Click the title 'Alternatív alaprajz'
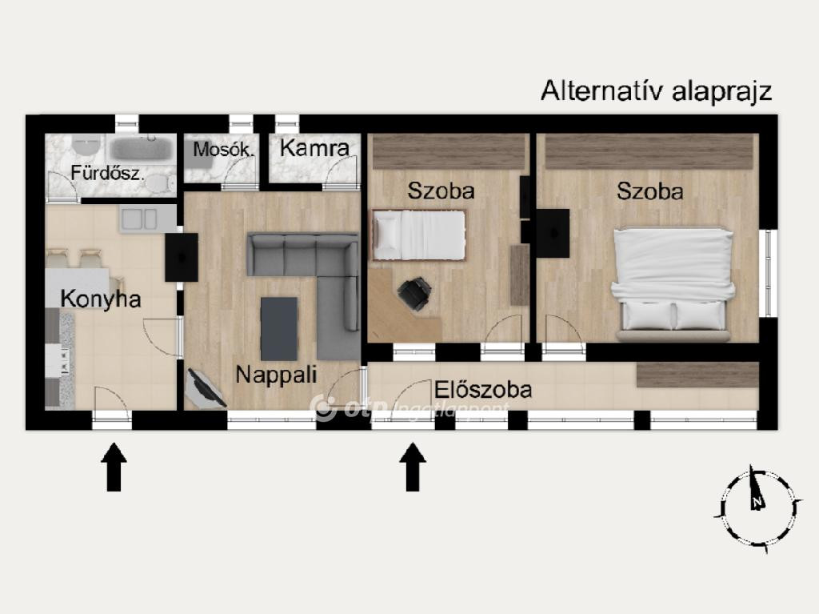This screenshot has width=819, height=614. point(656,91)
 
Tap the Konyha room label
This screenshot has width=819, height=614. point(101,299)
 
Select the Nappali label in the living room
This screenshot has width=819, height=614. point(276,375)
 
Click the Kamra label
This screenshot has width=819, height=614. point(314,148)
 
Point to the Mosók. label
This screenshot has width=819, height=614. point(224,150)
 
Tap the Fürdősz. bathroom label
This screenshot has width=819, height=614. point(107,173)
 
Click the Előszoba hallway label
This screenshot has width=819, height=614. point(483,390)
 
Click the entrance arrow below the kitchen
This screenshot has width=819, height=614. point(114,467)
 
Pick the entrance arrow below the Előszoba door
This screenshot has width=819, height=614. point(413,467)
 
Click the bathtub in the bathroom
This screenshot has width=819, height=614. point(142,148)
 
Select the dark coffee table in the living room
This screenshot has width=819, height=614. point(279,329)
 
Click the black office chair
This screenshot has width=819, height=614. point(415,294)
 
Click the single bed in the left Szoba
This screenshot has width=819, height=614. point(418,235)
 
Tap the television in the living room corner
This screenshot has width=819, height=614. point(206,389)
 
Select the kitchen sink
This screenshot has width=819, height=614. point(139,219)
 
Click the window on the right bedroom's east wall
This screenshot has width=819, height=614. point(769,273)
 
